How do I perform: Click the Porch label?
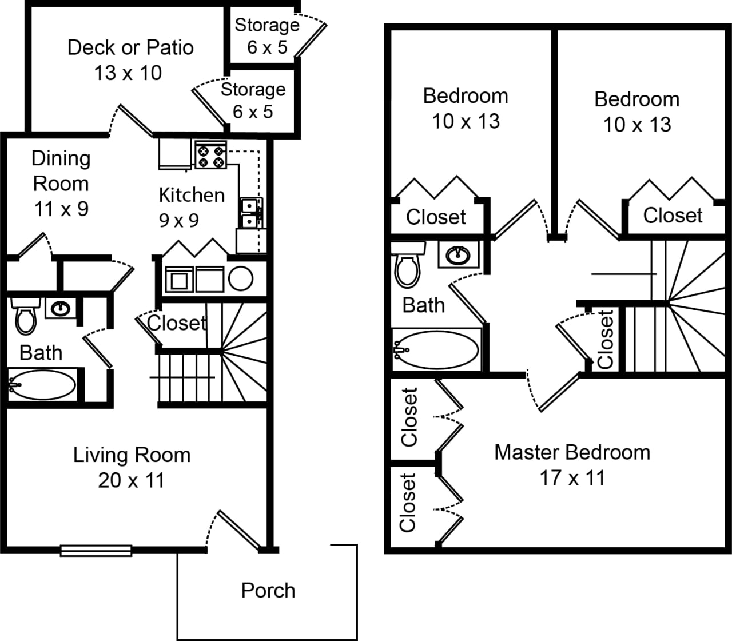(268, 590)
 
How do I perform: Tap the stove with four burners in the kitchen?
(210, 155)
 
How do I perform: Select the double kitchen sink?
(250, 213)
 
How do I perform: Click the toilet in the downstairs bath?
(25, 317)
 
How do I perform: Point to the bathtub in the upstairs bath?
(437, 349)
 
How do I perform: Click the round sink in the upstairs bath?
(458, 254)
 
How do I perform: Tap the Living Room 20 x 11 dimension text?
(131, 480)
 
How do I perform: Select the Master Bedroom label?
(572, 452)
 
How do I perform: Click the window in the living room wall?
(96, 550)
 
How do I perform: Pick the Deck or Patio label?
(130, 47)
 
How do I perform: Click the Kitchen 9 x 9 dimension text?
(179, 220)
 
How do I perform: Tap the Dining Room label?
(61, 171)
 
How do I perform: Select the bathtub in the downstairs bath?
(43, 385)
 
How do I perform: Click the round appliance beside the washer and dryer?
(241, 279)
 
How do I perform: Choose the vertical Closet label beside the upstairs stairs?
(605, 339)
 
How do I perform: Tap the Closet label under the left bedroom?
(436, 217)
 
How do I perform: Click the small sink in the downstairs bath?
(60, 309)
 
